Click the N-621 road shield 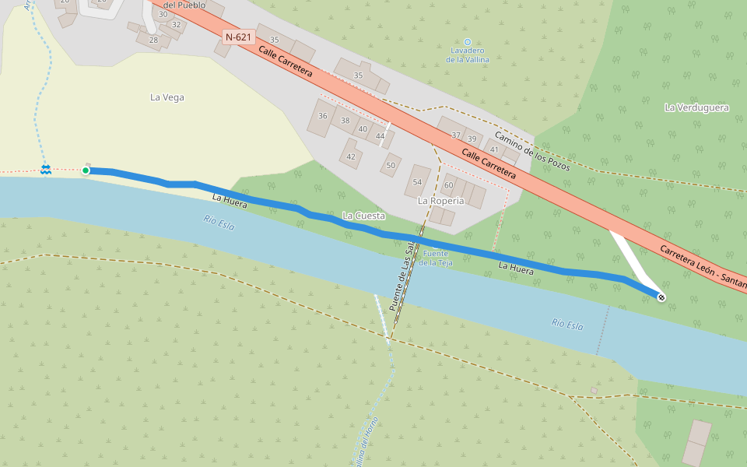coord(239,37)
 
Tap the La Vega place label coord(167,97)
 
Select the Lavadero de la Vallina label coord(468,54)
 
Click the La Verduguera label coord(696,107)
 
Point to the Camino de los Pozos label coord(532,149)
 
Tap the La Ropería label coord(440,201)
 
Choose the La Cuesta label coord(363,215)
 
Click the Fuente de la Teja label coord(435,258)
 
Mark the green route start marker coord(86,170)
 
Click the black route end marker coord(661,297)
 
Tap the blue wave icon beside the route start coord(46,169)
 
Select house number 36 coord(323,116)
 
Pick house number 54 coord(417,181)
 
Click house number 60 coord(448,185)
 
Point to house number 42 coord(351,156)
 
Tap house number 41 coord(493,149)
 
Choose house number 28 coord(153,40)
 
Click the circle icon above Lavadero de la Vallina coord(468,41)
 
